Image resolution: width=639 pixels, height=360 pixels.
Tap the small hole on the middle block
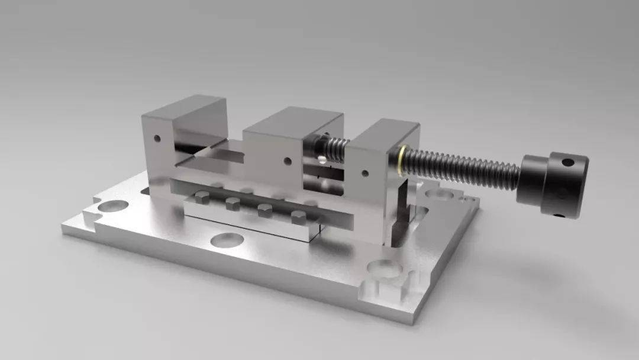click(x=287, y=160)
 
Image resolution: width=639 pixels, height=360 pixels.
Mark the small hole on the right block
click(x=364, y=173)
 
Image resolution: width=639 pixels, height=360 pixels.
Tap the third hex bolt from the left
click(x=263, y=210)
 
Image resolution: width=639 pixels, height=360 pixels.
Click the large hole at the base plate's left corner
click(x=113, y=207)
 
